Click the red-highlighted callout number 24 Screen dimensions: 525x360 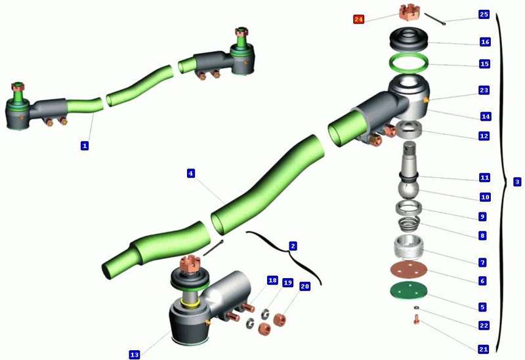[x=358, y=19]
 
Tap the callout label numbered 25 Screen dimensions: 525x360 [x=484, y=14]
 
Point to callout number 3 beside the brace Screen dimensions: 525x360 [x=517, y=182]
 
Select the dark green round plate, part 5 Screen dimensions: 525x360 [x=409, y=290]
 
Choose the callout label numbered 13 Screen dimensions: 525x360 [x=135, y=355]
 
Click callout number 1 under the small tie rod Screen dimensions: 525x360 [x=85, y=146]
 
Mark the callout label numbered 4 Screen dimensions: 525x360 [x=191, y=173]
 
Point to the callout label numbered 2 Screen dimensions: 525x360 [x=293, y=247]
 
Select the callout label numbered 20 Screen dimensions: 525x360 [x=304, y=287]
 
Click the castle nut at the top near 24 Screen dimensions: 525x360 [x=409, y=12]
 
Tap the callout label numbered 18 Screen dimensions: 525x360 [x=272, y=280]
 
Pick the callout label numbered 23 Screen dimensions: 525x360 [x=484, y=90]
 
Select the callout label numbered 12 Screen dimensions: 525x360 [x=484, y=136]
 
